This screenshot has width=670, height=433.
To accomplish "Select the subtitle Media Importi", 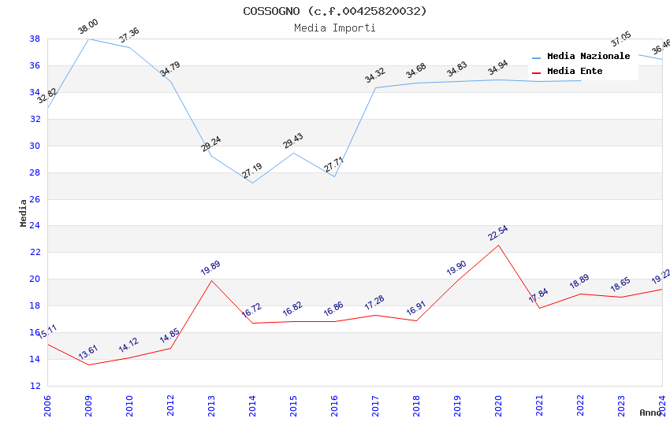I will pyautogui.click(x=334, y=28).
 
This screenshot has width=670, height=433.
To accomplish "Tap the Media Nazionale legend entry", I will pyautogui.click(x=588, y=57).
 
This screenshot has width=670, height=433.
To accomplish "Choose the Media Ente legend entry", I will pyautogui.click(x=575, y=72).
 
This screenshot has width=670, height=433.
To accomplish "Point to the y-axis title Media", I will pyautogui.click(x=24, y=213).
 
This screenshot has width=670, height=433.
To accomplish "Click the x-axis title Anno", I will pyautogui.click(x=650, y=413).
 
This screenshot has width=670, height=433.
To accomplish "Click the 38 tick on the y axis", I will pyautogui.click(x=35, y=39).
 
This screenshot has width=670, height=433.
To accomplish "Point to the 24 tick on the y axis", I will pyautogui.click(x=35, y=226).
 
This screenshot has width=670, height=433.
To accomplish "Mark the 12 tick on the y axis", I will pyautogui.click(x=35, y=386).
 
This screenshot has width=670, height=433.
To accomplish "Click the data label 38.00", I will pyautogui.click(x=87, y=28).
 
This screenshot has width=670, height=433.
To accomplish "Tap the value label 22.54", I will pyautogui.click(x=497, y=233).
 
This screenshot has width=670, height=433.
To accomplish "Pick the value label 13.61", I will pyautogui.click(x=87, y=351).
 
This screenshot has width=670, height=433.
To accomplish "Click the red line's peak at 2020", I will pyautogui.click(x=498, y=245).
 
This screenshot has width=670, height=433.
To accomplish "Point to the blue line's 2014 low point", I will pyautogui.click(x=252, y=183).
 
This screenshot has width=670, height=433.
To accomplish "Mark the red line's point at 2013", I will pyautogui.click(x=211, y=280).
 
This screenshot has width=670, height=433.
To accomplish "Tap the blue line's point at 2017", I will pyautogui.click(x=375, y=87).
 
